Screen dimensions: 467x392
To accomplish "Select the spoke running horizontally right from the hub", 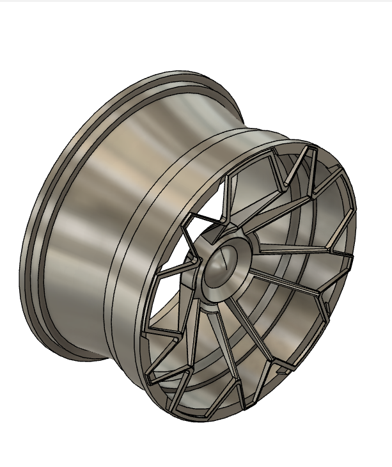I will point(301,248).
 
